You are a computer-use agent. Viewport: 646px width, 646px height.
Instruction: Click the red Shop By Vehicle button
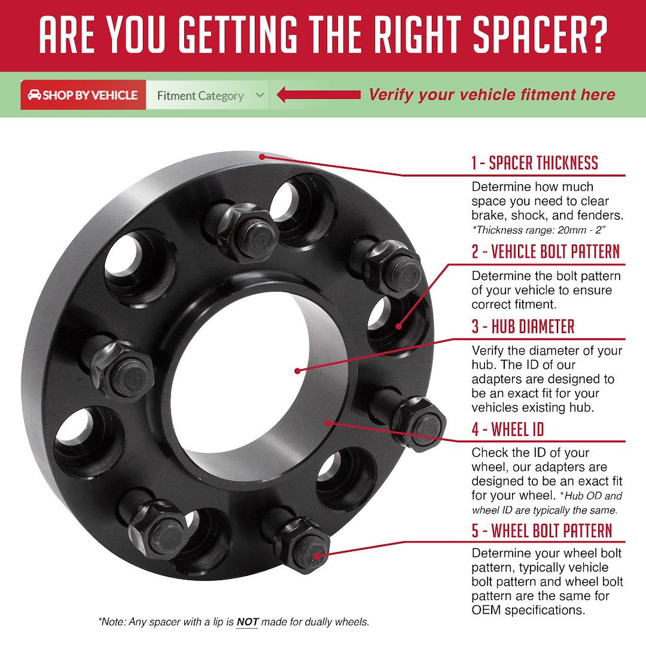click(x=83, y=95)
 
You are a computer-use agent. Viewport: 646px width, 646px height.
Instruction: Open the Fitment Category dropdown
click(x=208, y=95)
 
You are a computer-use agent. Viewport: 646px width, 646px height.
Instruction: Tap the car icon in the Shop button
click(x=34, y=95)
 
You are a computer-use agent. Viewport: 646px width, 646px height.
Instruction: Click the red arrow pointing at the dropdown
click(x=318, y=95)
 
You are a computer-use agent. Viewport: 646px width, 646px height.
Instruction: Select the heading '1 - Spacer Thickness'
click(x=535, y=163)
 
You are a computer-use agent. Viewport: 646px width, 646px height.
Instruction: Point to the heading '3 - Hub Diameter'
click(x=523, y=327)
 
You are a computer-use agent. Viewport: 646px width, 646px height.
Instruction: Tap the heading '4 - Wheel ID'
click(x=508, y=429)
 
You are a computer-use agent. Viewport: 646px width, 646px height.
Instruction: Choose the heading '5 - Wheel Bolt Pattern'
click(x=542, y=530)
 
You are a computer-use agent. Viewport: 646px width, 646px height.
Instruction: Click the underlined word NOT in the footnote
click(x=247, y=621)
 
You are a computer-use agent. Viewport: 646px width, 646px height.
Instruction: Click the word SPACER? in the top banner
click(x=540, y=35)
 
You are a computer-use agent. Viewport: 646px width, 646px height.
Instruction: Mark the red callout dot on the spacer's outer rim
click(x=262, y=157)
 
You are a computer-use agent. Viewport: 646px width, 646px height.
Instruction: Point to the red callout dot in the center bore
click(x=297, y=371)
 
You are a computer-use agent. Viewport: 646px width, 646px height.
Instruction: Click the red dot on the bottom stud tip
click(x=316, y=556)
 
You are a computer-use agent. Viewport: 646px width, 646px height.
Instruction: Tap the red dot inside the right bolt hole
click(x=398, y=327)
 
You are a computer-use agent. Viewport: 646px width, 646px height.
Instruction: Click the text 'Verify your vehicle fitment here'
click(x=492, y=95)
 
